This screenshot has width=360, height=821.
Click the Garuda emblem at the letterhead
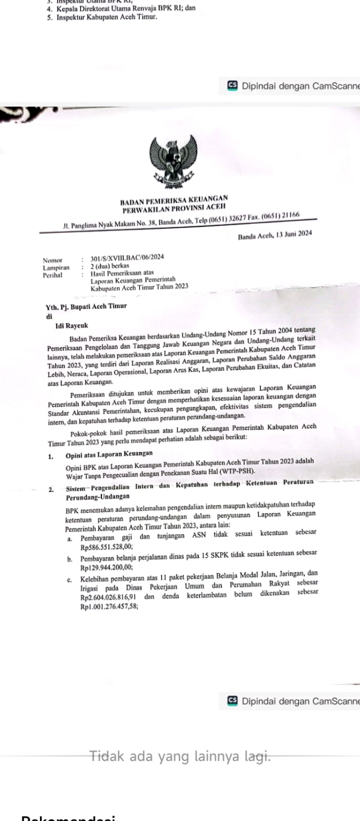173,160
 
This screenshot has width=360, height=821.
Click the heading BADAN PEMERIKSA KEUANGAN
174,199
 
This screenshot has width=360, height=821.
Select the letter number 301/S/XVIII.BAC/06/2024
127,258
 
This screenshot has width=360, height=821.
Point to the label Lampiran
56,267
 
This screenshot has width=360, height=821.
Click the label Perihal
52,275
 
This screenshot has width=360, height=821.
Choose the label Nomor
52,260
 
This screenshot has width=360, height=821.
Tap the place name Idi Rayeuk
71,325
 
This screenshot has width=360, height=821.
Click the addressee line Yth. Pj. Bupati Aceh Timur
86,306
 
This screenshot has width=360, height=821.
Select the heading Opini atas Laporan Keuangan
109,454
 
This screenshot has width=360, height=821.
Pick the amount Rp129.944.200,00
106,568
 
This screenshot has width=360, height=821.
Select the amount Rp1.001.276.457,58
109,606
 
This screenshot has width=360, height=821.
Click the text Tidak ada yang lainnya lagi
180,756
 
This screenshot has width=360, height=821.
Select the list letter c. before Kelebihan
69,580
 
